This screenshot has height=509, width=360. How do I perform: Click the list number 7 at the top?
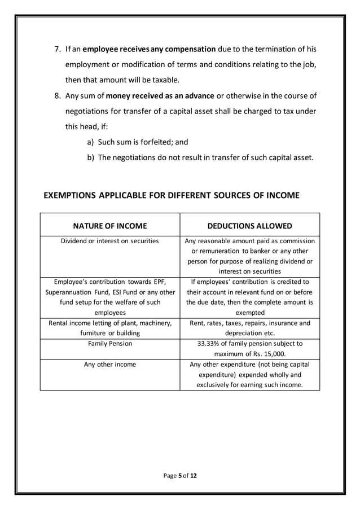coord(56,49)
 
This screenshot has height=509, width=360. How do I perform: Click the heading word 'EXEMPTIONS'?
coord(70,196)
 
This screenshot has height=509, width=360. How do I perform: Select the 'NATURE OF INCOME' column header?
coord(110,226)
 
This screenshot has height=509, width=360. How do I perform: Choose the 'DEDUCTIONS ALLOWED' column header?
coord(250,226)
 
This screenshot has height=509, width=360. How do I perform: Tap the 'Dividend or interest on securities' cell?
coord(110,241)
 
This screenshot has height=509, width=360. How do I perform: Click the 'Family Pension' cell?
coord(110,343)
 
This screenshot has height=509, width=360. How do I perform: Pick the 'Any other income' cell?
coord(110,365)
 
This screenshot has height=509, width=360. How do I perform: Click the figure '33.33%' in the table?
coord(209,343)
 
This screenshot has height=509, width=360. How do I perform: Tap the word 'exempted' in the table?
coord(250,312)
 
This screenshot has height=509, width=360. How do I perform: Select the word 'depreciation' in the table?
coord(237,333)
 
